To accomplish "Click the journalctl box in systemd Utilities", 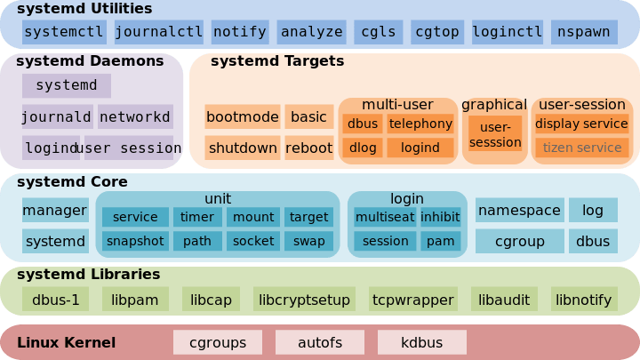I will tap(159, 32).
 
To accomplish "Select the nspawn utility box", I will tap(584, 32).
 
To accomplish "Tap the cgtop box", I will tap(436, 32).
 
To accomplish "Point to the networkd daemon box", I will tap(135, 116).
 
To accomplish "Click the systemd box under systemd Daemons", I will tap(67, 85).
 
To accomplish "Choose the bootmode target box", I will tap(242, 116).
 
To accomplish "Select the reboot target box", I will tap(309, 148).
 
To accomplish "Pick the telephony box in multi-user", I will tap(420, 124).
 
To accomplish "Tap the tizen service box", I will tap(582, 148).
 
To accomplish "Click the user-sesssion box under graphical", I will tap(495, 134).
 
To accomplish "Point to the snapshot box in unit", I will tap(135, 240).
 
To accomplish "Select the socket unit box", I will tap(253, 240).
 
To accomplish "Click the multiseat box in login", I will tap(385, 217).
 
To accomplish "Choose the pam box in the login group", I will tap(439, 240).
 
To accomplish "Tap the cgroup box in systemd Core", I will tap(519, 240).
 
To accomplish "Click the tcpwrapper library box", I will tap(412, 300).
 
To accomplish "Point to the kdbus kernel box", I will tap(422, 342).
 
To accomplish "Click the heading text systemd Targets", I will tap(277, 61).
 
